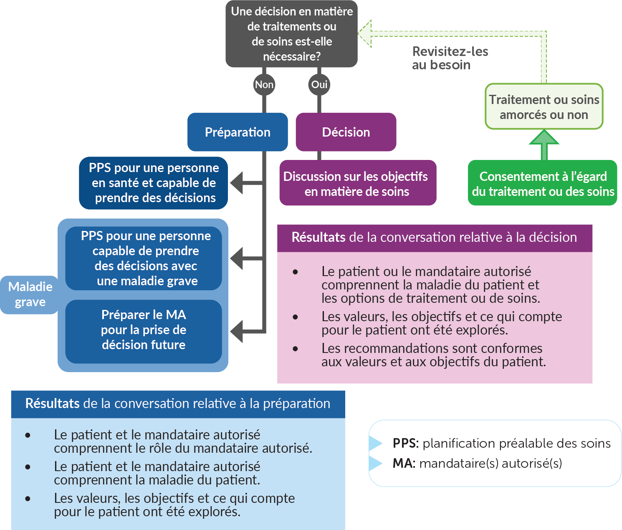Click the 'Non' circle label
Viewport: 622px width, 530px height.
click(264, 85)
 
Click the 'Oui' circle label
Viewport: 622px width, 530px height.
click(319, 85)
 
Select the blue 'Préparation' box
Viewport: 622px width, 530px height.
click(238, 132)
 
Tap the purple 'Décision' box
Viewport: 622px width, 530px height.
click(346, 132)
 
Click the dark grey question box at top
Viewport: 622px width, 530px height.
click(291, 34)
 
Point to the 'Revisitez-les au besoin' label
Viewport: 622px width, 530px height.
click(450, 58)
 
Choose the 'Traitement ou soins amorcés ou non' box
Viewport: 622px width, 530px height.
click(544, 107)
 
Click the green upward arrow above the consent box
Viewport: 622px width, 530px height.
click(544, 144)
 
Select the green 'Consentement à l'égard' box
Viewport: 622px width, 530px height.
click(543, 183)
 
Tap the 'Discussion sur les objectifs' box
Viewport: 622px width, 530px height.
click(357, 183)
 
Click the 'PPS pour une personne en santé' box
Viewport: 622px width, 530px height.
click(154, 183)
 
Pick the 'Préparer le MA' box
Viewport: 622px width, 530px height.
click(144, 330)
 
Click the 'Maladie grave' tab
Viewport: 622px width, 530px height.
click(30, 294)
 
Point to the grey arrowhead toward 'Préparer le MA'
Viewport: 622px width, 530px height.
click(237, 332)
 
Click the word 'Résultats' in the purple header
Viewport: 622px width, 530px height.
click(318, 237)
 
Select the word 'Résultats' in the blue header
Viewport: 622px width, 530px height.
click(52, 403)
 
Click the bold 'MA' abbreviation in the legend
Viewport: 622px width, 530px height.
click(402, 463)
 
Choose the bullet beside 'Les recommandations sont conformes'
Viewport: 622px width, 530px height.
click(296, 349)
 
